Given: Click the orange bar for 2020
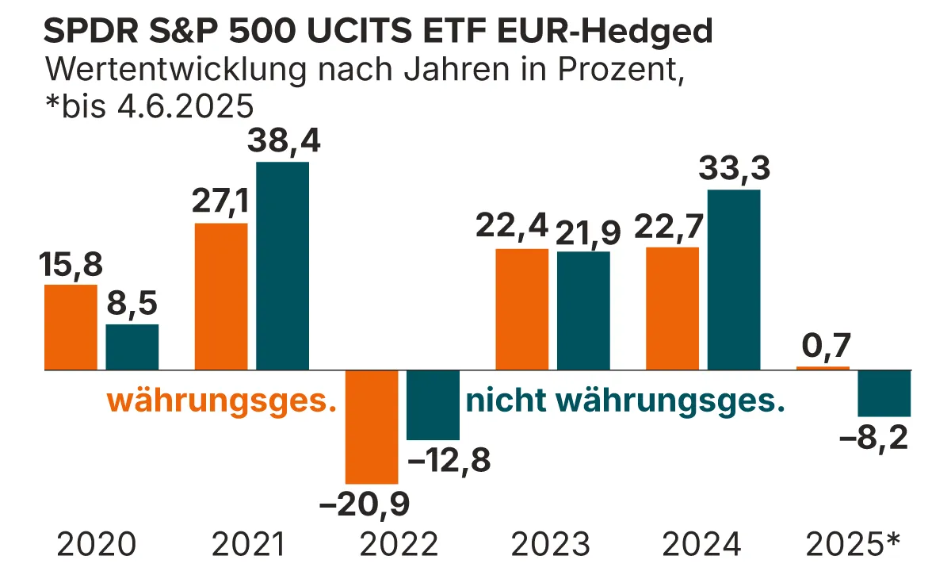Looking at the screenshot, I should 71,327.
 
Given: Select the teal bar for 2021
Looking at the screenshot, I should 282,266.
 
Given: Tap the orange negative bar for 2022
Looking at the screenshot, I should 372,427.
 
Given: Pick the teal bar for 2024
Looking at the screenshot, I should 734,280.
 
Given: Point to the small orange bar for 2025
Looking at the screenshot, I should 823,368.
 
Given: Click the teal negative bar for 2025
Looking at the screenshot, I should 884,393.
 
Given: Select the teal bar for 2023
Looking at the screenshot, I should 583,311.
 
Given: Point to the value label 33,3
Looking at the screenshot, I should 734,170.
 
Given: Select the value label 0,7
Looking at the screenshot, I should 825,346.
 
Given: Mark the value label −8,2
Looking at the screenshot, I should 874,438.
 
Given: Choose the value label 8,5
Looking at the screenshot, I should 132,305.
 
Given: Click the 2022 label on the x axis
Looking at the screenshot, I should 399,545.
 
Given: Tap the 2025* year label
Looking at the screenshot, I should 854,545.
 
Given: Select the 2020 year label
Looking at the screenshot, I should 97,545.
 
